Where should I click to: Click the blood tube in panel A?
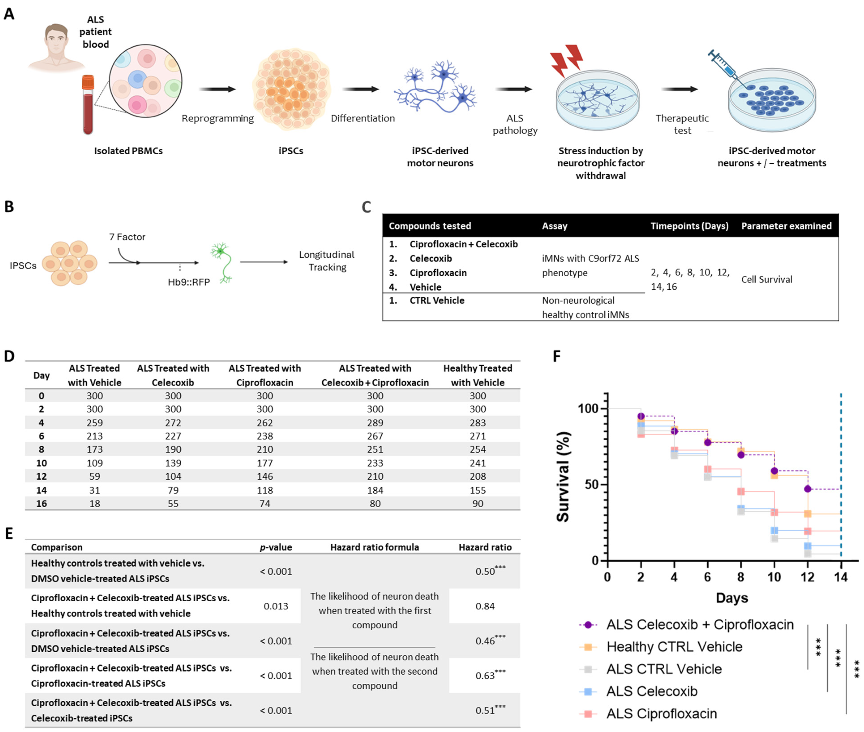coord(88,106)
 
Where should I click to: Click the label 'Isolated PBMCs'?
coord(128,151)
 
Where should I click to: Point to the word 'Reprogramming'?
coord(218,118)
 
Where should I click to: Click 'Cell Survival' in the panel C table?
coord(766,279)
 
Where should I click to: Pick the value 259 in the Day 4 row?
coord(95,423)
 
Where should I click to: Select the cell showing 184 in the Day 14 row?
coord(375,490)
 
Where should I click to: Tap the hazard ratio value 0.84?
coord(485,606)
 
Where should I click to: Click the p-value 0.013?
coord(276,606)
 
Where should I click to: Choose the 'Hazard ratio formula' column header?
coord(374,547)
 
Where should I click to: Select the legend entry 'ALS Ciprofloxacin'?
coord(661,714)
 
